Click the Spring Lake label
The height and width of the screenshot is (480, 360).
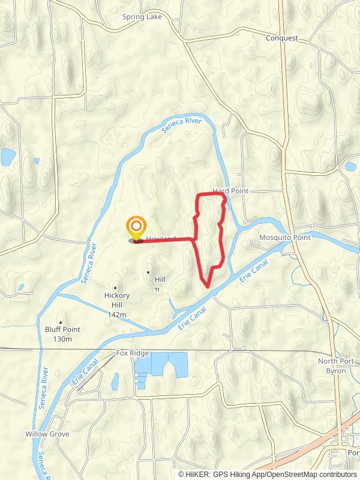pos(142,17)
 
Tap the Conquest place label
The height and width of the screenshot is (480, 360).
pos(282,38)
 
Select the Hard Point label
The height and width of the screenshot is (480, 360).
pos(230,191)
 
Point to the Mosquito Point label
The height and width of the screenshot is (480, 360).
pos(284,238)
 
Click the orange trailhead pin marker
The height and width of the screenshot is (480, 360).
pos(137,227)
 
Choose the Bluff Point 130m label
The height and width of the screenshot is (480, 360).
pos(62,334)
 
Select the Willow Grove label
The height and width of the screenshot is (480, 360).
pos(47,434)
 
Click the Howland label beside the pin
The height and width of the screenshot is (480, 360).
pos(161,238)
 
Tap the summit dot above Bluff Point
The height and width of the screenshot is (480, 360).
pos(61,322)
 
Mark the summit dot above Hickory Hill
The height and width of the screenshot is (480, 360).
pos(115,287)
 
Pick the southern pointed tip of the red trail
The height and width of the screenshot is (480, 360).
pos(207,287)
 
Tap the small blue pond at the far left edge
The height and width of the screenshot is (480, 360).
pos(8,157)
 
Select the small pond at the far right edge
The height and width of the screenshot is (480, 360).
pos(350,166)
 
